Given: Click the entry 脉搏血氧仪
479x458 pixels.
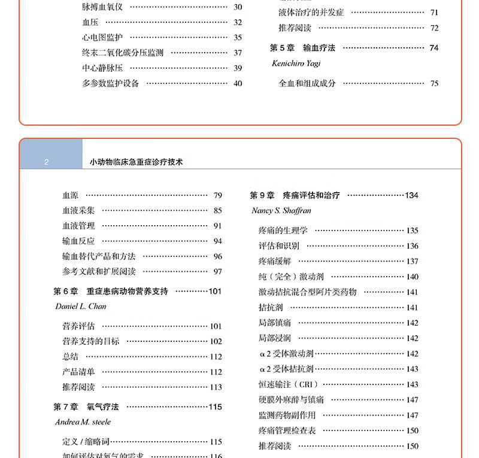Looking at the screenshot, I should click(x=102, y=7).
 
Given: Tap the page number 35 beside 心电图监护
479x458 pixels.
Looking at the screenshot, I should click(x=238, y=38).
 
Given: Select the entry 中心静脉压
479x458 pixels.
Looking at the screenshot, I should click(x=102, y=68).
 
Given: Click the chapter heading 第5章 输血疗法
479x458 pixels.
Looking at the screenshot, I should click(x=302, y=48).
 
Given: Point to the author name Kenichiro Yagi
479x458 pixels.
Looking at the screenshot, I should click(x=296, y=63).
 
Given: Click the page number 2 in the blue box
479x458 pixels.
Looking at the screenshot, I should click(x=46, y=162).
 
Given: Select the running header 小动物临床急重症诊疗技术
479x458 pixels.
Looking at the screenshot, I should click(x=136, y=162).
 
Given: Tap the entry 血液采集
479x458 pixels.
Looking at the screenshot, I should click(x=78, y=211).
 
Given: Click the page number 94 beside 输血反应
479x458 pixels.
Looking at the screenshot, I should click(x=217, y=241).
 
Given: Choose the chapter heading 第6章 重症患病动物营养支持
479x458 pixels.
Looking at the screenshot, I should click(x=111, y=292).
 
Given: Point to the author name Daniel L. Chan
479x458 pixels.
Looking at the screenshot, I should click(x=80, y=307).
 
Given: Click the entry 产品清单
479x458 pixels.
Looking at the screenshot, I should click(x=78, y=372).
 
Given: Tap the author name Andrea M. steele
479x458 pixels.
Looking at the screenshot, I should click(x=83, y=422).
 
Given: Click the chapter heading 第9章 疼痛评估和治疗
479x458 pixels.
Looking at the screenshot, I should click(x=295, y=195).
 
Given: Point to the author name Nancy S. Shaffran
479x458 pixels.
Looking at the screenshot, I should click(x=281, y=211).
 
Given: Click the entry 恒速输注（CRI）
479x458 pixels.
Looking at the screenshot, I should click(x=289, y=384).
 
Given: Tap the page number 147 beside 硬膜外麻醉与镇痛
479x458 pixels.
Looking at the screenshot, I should click(x=412, y=400).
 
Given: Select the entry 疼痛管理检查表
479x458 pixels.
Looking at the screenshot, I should click(x=287, y=430).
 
